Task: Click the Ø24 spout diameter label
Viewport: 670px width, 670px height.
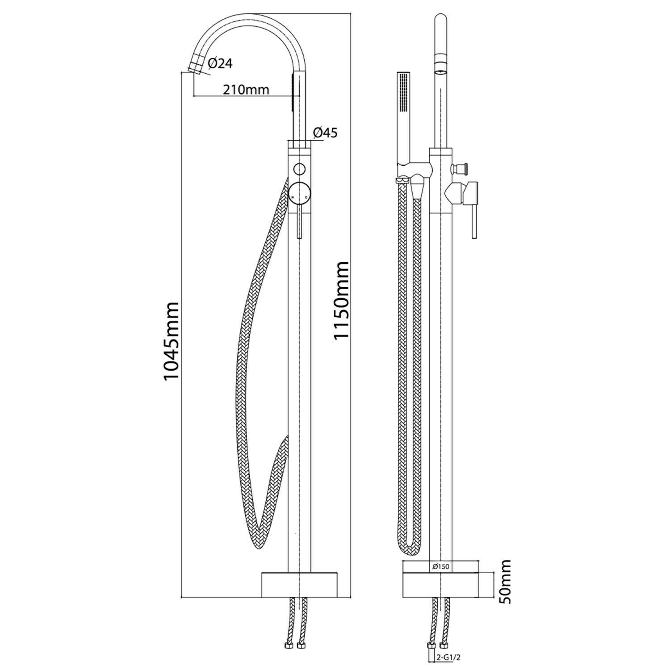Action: click(x=220, y=63)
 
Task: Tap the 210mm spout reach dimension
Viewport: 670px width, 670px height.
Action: click(x=246, y=89)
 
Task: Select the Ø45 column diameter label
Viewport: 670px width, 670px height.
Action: click(x=325, y=133)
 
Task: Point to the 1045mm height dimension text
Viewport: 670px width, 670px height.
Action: click(x=171, y=341)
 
